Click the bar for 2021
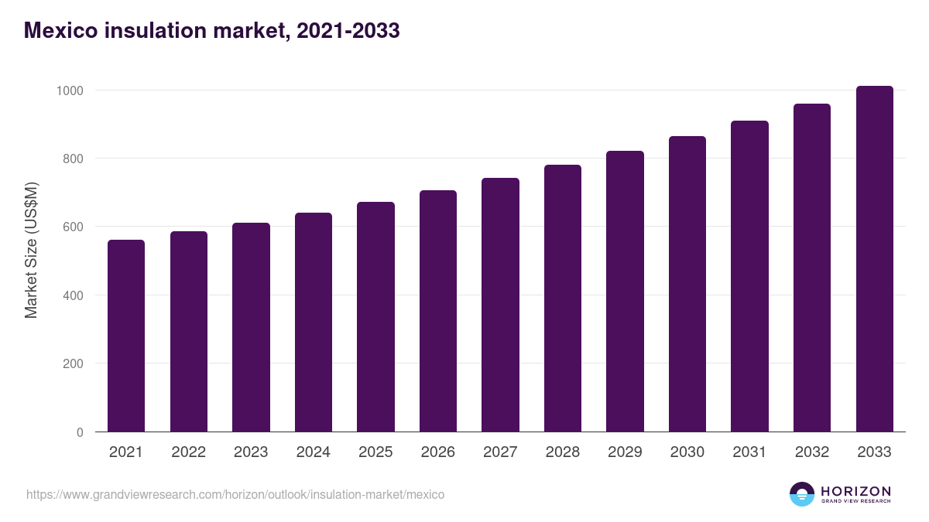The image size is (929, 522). (x=126, y=336)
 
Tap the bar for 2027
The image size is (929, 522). (x=500, y=305)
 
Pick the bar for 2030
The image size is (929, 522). (x=687, y=284)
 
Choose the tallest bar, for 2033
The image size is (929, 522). (x=874, y=259)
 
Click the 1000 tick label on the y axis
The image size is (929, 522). (x=69, y=90)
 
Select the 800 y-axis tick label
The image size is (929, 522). (x=73, y=159)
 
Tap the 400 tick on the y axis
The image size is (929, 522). (x=73, y=295)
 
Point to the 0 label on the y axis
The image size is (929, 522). (x=80, y=432)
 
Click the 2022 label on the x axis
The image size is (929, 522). (x=188, y=452)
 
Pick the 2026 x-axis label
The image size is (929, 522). (x=438, y=452)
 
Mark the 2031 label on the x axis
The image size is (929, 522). (x=749, y=452)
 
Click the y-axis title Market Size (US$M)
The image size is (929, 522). (x=31, y=250)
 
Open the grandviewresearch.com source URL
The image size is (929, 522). (x=235, y=494)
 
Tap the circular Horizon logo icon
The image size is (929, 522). (x=802, y=494)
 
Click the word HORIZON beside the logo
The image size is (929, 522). (x=855, y=491)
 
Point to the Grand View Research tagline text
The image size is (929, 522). (x=855, y=502)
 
